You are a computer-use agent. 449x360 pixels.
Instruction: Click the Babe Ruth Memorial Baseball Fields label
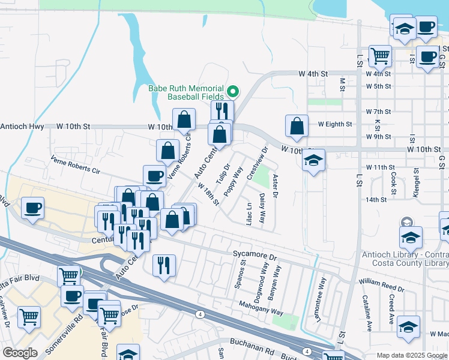coord(186,92)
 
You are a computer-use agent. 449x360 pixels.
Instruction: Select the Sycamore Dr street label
coord(255,256)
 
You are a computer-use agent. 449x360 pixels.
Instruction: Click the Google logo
coord(20,353)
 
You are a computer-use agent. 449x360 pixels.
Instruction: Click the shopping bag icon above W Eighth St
coord(297,127)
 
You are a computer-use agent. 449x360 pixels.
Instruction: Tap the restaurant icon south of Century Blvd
coord(164,265)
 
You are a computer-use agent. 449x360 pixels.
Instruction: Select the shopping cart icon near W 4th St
coord(380,56)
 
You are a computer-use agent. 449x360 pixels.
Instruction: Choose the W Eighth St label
coord(335,124)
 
